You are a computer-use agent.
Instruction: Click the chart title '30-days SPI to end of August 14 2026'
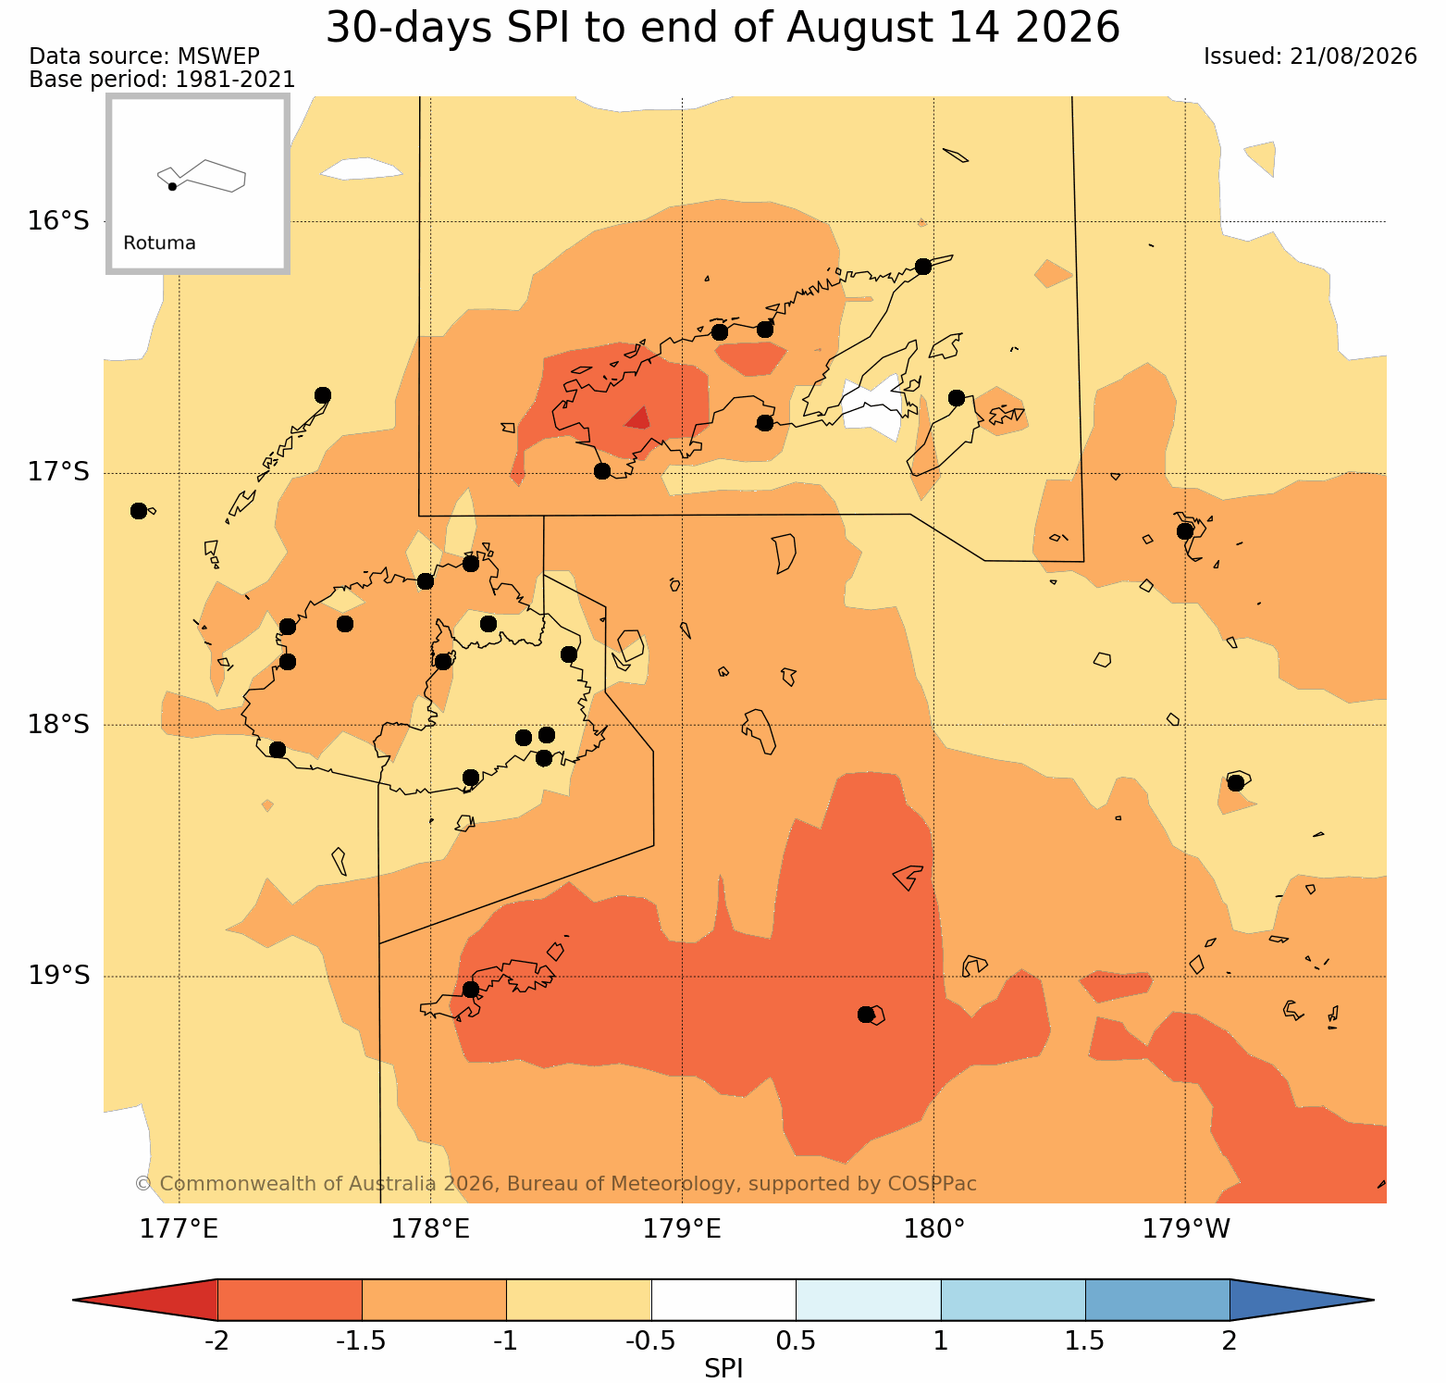(x=723, y=28)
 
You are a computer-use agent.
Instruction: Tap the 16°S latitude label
(x=58, y=221)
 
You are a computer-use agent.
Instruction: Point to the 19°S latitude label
(x=58, y=976)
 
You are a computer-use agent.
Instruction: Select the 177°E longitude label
(x=179, y=1229)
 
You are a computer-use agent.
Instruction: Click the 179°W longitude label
(x=1187, y=1229)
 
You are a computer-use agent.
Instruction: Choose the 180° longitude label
(x=934, y=1229)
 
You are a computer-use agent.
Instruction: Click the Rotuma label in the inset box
(x=159, y=243)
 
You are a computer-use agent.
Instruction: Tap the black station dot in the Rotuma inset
(x=172, y=186)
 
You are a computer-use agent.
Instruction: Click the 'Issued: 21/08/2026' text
(x=1310, y=56)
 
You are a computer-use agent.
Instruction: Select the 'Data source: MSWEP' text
(x=144, y=56)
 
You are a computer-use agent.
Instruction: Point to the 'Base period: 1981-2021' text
(x=162, y=80)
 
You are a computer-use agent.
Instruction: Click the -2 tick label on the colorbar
(x=216, y=1341)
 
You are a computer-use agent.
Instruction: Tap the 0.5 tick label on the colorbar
(x=796, y=1341)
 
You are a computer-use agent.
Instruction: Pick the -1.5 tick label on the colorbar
(x=361, y=1341)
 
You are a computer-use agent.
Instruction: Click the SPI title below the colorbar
(x=723, y=1368)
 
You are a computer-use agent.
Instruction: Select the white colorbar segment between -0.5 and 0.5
(x=723, y=1300)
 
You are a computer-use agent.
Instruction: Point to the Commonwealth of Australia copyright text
(x=555, y=1184)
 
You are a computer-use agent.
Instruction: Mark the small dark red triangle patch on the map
(x=638, y=418)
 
